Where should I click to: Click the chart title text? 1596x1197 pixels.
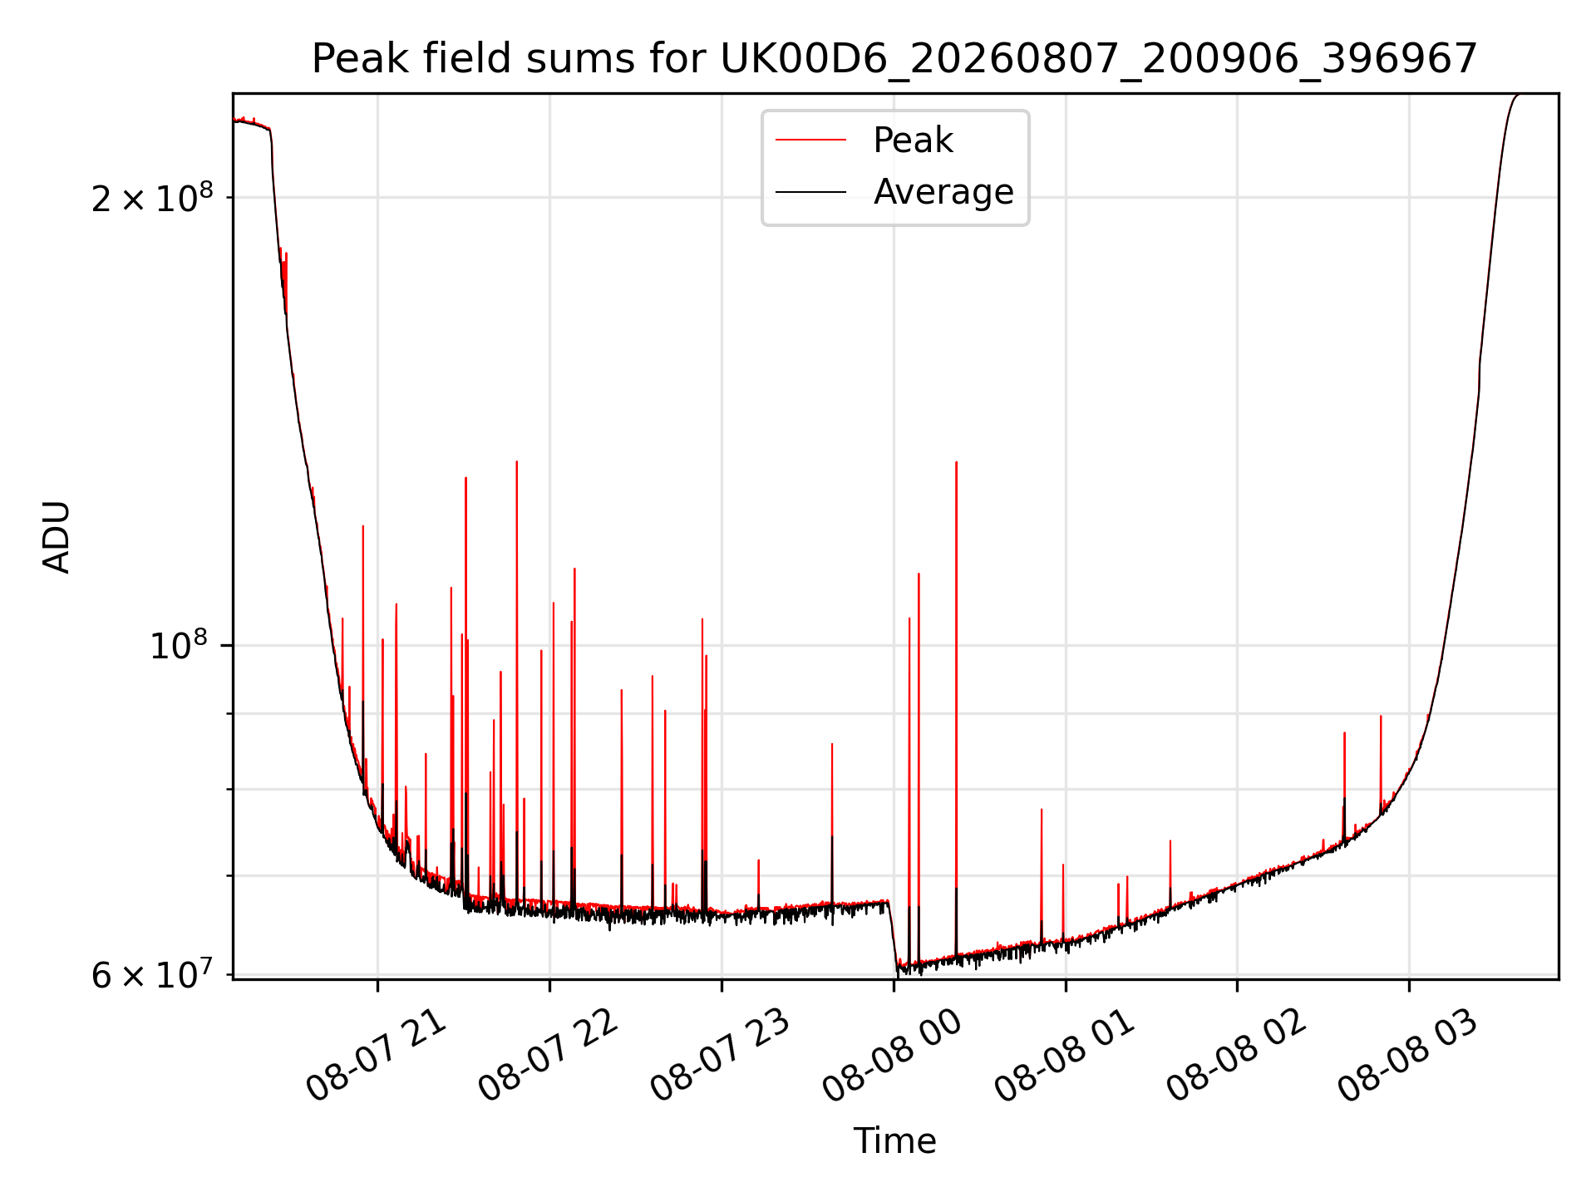pyautogui.click(x=894, y=59)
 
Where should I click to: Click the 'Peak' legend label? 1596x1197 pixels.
pyautogui.click(x=913, y=140)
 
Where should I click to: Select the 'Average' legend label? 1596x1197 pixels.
pyautogui.click(x=943, y=192)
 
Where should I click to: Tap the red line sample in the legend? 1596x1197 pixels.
pyautogui.click(x=810, y=140)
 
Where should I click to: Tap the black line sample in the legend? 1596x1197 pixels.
pyautogui.click(x=810, y=192)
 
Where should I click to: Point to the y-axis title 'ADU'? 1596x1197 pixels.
pyautogui.click(x=57, y=536)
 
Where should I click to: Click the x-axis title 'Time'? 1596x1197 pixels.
pyautogui.click(x=894, y=1141)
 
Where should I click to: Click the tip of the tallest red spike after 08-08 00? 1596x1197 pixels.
pyautogui.click(x=956, y=462)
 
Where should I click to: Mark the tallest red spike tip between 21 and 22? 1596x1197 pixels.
pyautogui.click(x=516, y=461)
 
